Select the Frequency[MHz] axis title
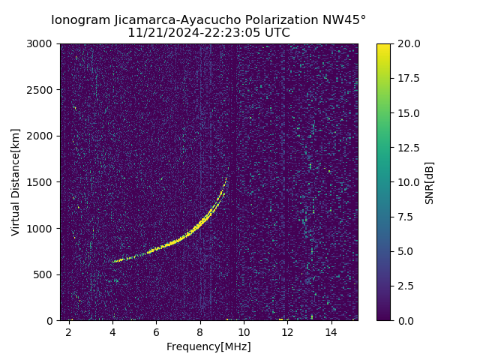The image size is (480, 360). point(208,346)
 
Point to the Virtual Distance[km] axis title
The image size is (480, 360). point(16,182)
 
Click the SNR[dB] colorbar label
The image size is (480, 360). point(430,182)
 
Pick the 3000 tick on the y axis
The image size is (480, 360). point(42,43)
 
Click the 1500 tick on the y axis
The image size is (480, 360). point(42,182)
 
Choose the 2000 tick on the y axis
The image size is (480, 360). point(42,136)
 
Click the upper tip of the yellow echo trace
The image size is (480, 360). point(226,178)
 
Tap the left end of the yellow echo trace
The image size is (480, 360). point(114,262)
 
